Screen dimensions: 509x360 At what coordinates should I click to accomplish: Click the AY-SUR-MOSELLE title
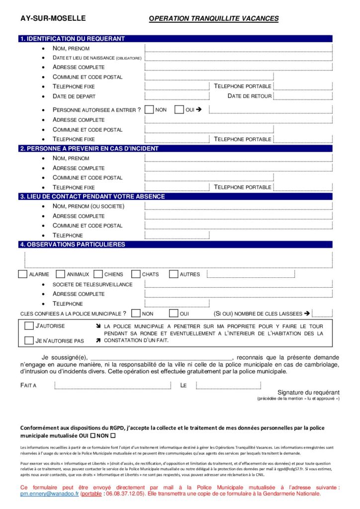tap(53, 18)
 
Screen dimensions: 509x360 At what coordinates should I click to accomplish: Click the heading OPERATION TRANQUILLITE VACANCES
tap(214, 19)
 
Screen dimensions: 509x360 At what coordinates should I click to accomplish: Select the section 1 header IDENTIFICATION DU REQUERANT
tap(72, 39)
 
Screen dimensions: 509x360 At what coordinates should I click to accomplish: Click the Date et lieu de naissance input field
tap(239, 58)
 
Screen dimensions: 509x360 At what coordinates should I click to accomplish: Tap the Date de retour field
tap(303, 96)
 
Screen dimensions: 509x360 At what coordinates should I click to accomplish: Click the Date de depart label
tap(74, 96)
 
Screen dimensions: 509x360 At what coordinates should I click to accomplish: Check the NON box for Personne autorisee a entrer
tap(149, 109)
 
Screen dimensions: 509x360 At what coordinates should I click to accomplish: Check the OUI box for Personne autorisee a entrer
tap(180, 109)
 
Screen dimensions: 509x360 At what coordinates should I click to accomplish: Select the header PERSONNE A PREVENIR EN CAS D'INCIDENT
tap(89, 148)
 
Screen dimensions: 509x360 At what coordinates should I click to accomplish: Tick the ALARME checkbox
tap(22, 274)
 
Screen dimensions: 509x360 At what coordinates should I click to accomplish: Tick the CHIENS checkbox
tap(97, 274)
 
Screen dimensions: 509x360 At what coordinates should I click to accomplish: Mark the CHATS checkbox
tap(135, 274)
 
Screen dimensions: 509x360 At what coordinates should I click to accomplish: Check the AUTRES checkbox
tap(174, 274)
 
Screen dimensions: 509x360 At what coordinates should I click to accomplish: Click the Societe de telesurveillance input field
tap(239, 284)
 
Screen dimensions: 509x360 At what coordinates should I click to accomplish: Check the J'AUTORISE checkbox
tap(29, 326)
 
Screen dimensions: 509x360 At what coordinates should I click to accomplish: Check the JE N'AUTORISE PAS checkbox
tap(29, 340)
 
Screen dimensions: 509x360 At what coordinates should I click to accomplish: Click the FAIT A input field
tap(112, 385)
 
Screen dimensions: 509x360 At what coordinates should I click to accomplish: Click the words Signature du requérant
tap(308, 392)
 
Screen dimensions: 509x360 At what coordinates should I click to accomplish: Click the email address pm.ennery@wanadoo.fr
tap(50, 494)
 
